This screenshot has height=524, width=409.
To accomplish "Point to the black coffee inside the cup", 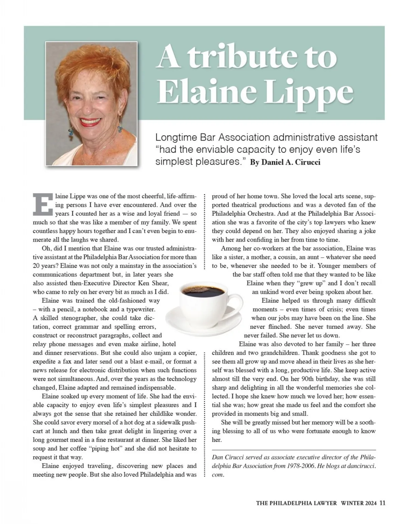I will coord(203,292).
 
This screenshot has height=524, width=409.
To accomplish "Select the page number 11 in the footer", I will coord(382,503).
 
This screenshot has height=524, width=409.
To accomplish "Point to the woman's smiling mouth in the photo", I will coord(91,122).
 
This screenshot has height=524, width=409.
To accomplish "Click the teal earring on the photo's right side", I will coord(120,129).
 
